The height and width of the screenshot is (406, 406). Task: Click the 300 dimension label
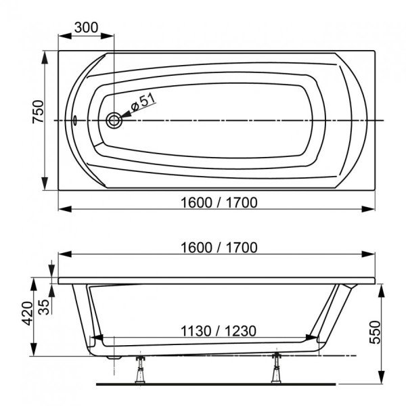click(x=86, y=28)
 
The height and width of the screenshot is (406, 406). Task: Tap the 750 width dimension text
click(x=38, y=112)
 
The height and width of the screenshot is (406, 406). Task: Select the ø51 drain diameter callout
click(x=143, y=102)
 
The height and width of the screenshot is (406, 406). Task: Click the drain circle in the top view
click(x=114, y=120)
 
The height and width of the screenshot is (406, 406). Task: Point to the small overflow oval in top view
click(x=75, y=120)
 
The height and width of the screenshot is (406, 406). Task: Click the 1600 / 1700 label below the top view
click(x=219, y=202)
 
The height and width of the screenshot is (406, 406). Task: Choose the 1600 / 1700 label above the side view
click(x=219, y=248)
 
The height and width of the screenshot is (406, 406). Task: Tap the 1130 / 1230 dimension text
click(x=219, y=331)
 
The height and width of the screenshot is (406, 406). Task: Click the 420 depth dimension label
click(x=27, y=313)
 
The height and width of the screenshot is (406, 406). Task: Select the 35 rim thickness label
click(x=44, y=307)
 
